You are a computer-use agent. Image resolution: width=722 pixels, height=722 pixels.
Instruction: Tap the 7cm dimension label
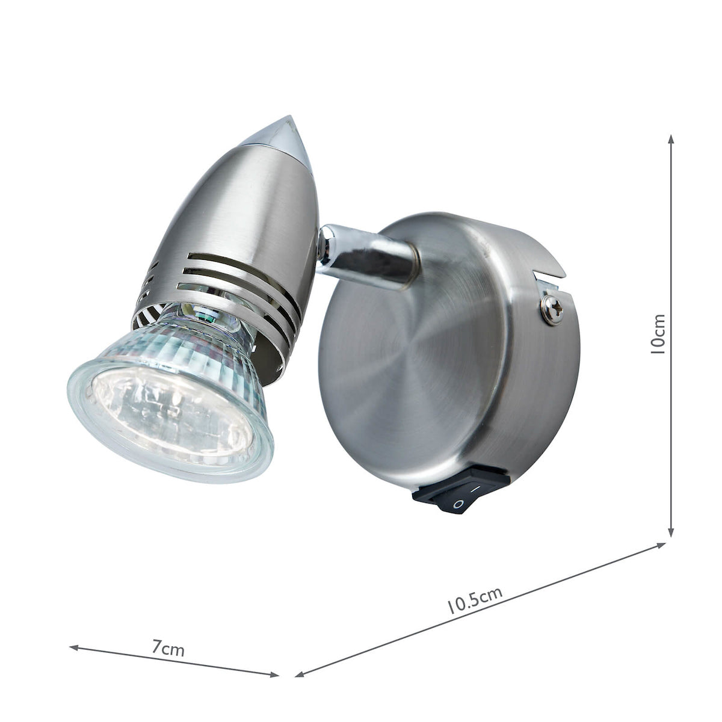[x=168, y=649]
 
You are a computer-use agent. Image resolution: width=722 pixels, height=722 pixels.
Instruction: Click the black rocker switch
[x=461, y=491]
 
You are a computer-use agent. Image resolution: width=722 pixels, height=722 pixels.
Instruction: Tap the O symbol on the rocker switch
[x=458, y=504]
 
